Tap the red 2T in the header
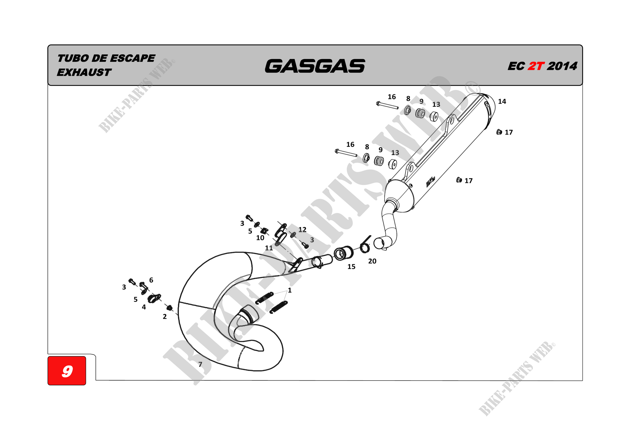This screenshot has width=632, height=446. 536,66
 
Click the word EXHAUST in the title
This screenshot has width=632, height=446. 84,72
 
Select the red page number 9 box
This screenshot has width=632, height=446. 67,370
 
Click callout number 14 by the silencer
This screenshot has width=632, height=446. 502,102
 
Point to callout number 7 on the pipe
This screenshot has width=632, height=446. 200,364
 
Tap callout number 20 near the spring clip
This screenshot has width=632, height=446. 372,261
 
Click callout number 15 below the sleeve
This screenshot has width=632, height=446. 351,266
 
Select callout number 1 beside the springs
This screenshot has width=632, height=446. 289,290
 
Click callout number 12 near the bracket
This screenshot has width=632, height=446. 302,229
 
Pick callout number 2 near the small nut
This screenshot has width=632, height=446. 165,316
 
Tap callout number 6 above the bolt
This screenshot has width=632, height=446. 151,280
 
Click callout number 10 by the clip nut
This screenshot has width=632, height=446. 260,238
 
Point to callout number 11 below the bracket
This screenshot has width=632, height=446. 269,248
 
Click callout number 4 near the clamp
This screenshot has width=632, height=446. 144,307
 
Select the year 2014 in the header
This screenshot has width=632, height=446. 562,66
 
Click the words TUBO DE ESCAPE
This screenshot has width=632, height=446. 106,58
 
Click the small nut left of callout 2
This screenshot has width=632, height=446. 170,307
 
